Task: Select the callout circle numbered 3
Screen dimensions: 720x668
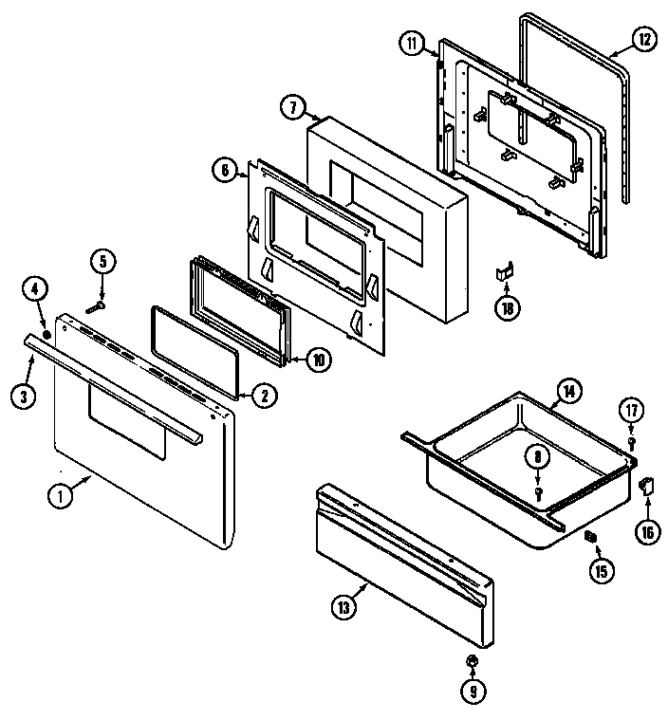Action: pos(23,397)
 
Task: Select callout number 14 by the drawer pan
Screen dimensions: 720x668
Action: pos(568,390)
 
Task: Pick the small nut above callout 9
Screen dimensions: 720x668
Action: pos(473,661)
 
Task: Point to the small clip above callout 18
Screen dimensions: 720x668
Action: pos(504,273)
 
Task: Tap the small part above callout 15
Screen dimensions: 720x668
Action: pos(589,538)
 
